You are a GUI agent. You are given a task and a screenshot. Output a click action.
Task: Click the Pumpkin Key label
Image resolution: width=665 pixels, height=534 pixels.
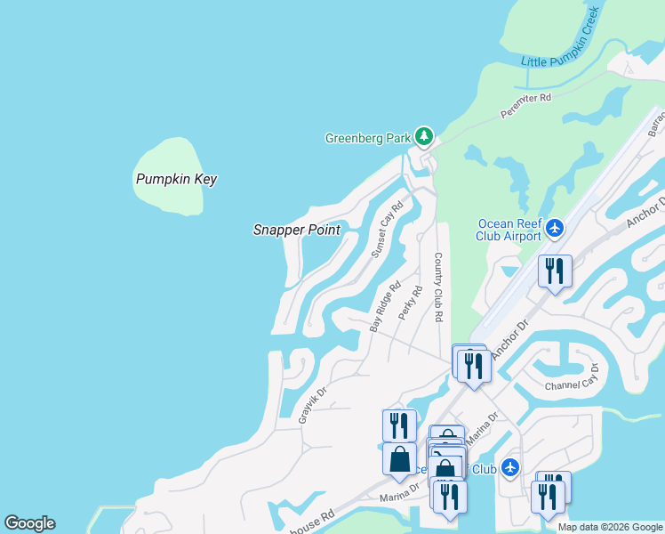pos(176,179)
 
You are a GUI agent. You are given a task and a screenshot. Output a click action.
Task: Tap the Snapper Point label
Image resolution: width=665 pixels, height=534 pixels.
pos(296,230)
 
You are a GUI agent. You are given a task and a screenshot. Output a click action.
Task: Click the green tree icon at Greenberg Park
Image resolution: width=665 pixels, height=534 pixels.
pos(425,137)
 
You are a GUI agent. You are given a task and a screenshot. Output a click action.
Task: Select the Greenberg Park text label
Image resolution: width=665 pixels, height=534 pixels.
pos(368,138)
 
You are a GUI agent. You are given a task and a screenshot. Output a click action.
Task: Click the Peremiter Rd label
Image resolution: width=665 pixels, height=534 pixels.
pos(525,106)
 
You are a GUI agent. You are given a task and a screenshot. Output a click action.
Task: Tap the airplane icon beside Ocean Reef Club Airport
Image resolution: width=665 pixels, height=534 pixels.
pos(555,229)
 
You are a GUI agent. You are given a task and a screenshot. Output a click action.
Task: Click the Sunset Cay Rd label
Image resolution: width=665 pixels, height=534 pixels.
pos(387,230)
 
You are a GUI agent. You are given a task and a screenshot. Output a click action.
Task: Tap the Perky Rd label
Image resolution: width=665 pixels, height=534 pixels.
pos(410,303)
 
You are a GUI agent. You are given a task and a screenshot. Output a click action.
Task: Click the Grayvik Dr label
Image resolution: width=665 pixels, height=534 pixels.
pos(313,403)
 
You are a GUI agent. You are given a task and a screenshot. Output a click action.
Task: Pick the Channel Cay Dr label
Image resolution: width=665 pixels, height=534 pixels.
pos(573,379)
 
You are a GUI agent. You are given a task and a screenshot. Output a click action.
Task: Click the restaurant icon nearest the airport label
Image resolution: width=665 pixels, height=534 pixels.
pos(555,271)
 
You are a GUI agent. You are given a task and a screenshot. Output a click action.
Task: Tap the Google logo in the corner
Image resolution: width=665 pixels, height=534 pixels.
pos(29,523)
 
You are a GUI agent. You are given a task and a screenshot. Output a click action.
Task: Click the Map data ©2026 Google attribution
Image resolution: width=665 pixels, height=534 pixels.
pos(609,527)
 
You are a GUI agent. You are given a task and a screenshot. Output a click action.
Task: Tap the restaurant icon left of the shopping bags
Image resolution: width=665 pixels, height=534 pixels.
pos(399,424)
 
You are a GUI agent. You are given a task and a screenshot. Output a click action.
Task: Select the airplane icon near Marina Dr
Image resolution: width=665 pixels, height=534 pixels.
pos(509,466)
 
